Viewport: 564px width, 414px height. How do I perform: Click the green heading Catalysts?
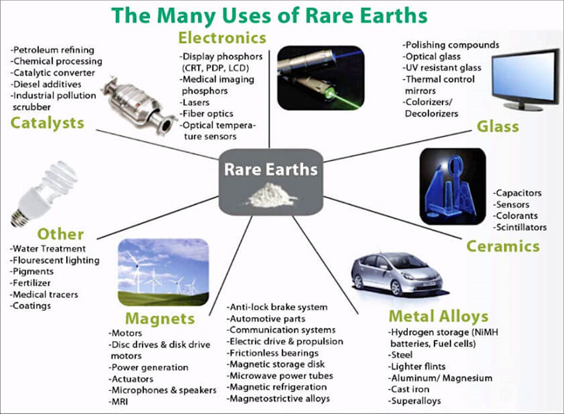click(x=47, y=123)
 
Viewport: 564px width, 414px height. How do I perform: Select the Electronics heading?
click(x=222, y=38)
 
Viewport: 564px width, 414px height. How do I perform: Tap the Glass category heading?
click(x=498, y=126)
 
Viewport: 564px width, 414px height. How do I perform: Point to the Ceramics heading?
click(x=503, y=246)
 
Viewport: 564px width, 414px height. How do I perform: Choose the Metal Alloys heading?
click(x=439, y=316)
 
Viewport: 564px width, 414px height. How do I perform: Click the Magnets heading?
click(x=160, y=319)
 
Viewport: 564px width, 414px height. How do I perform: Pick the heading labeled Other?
click(x=60, y=234)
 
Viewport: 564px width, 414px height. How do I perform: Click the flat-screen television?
click(x=525, y=79)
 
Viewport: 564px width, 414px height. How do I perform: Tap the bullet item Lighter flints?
click(x=417, y=367)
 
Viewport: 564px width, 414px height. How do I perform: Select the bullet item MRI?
click(x=118, y=402)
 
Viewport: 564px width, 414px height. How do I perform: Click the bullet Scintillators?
click(x=520, y=227)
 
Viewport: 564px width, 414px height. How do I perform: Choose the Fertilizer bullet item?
click(x=30, y=283)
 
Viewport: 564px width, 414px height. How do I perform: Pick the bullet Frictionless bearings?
click(x=273, y=353)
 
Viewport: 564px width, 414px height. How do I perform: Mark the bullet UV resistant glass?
click(x=442, y=68)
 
